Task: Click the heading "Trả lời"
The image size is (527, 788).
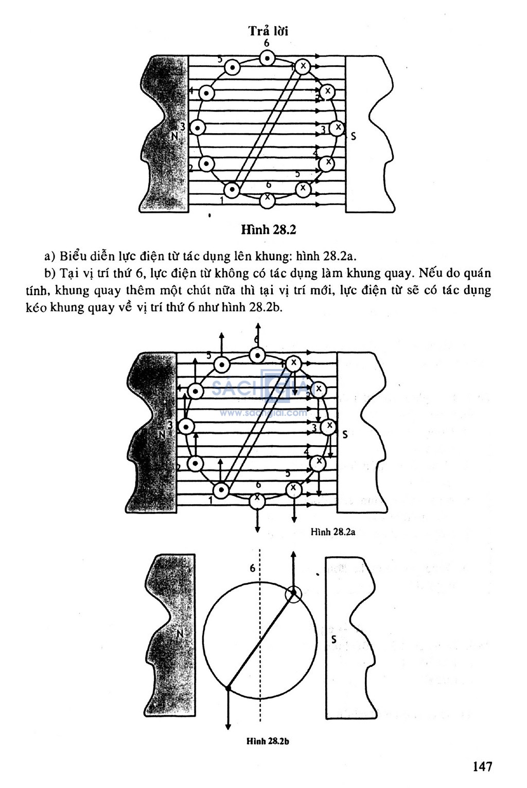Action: [269, 31]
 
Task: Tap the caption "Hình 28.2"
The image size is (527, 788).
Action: [269, 230]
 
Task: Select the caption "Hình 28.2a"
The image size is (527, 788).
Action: [333, 532]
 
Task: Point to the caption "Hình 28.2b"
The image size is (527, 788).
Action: [268, 741]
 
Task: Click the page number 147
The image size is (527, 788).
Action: [482, 766]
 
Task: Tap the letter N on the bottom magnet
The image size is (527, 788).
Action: [180, 634]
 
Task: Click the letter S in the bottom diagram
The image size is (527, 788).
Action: [334, 639]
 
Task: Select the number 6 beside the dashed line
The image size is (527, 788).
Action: [252, 568]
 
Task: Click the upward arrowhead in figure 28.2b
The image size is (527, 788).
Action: [293, 555]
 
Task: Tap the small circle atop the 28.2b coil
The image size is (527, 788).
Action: [293, 594]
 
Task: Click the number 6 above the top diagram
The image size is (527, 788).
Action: [267, 43]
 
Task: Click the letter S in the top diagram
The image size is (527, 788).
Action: [354, 136]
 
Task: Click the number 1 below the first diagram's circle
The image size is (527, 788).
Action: [222, 200]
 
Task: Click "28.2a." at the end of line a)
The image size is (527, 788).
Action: [340, 256]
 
